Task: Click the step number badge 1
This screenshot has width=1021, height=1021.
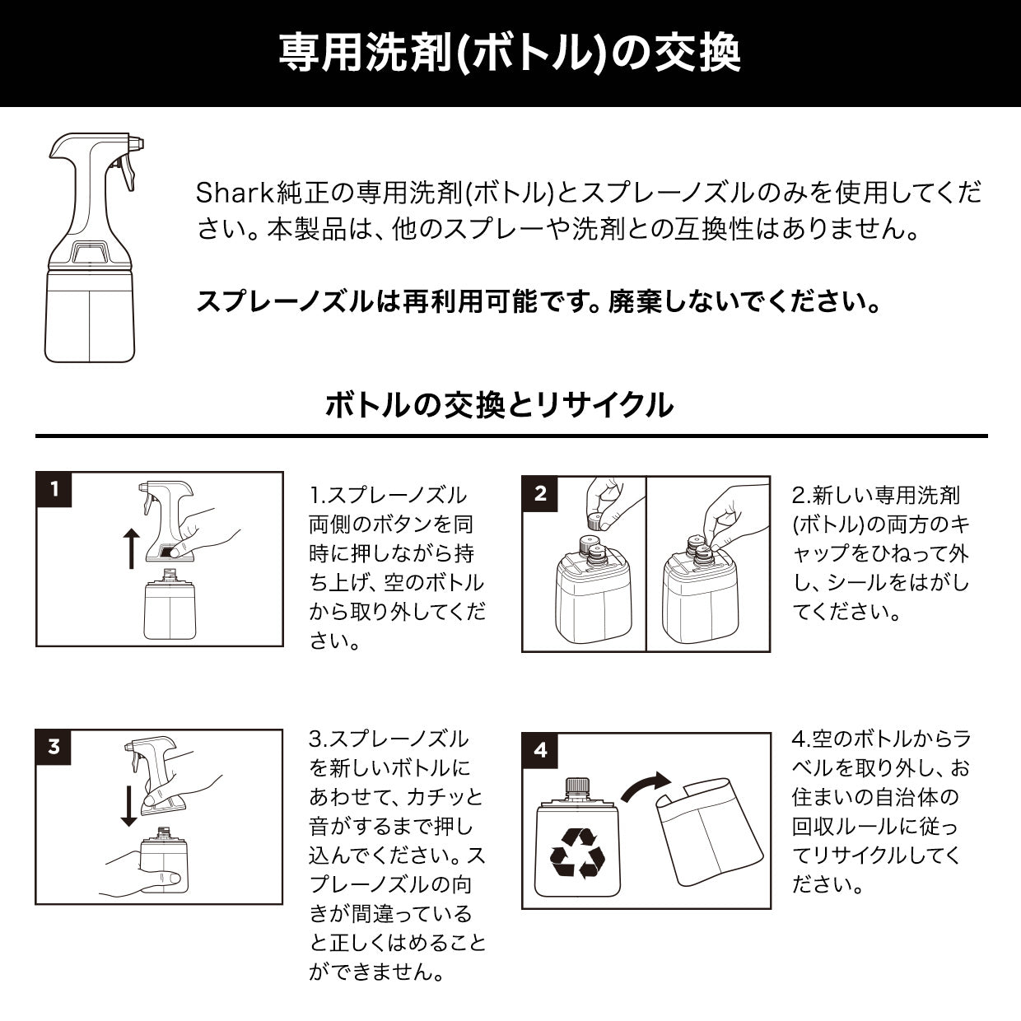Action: (x=55, y=490)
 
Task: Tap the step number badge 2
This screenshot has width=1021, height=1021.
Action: (x=541, y=494)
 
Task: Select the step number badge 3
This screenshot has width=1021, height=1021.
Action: (x=54, y=747)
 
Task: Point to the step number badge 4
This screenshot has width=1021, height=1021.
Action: (x=541, y=750)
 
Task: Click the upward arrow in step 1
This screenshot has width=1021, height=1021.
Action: (x=131, y=549)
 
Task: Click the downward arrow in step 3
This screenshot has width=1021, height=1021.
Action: (x=129, y=804)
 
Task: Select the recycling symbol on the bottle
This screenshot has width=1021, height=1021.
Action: (x=578, y=853)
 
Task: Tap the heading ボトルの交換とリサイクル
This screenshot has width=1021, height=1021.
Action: (x=499, y=404)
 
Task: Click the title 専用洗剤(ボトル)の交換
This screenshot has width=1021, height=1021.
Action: (x=510, y=53)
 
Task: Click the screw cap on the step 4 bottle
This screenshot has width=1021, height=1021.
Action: (x=578, y=788)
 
